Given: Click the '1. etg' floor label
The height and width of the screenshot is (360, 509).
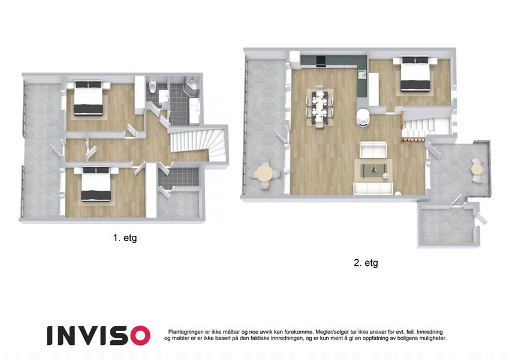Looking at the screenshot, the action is coord(125,238).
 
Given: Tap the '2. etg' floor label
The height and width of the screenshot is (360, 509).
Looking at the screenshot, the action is coord(366,263).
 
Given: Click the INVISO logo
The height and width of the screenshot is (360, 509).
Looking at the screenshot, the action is coord(98,335).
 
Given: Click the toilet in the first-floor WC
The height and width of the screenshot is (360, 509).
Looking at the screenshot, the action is coord(153,87).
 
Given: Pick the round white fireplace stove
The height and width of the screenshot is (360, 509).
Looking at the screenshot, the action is coord(362,117).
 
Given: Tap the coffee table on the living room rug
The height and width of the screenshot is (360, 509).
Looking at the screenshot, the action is coord(374,170).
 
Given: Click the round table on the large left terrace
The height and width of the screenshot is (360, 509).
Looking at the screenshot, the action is coord(264,174).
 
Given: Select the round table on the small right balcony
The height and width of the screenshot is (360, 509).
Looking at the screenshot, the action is coord(477,170).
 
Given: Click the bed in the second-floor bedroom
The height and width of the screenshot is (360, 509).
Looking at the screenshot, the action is coord(415,74).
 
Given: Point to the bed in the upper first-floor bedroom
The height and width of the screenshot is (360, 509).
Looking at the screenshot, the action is coord(88,98).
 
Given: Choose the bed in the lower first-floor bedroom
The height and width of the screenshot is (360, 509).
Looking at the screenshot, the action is coord(96,184).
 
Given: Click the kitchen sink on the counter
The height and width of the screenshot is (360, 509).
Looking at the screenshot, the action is coord(362,74).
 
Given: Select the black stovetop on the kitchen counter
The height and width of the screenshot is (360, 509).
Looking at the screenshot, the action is coord(321,61).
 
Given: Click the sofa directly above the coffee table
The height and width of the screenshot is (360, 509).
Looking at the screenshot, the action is coord(374,150).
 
